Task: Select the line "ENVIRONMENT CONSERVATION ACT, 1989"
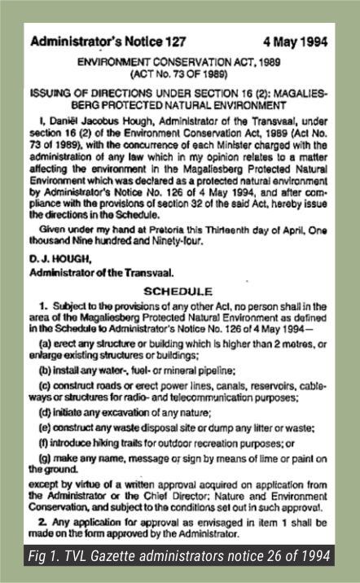point(178,63)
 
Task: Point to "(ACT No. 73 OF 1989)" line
point(178,75)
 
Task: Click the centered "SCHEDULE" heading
point(178,291)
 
